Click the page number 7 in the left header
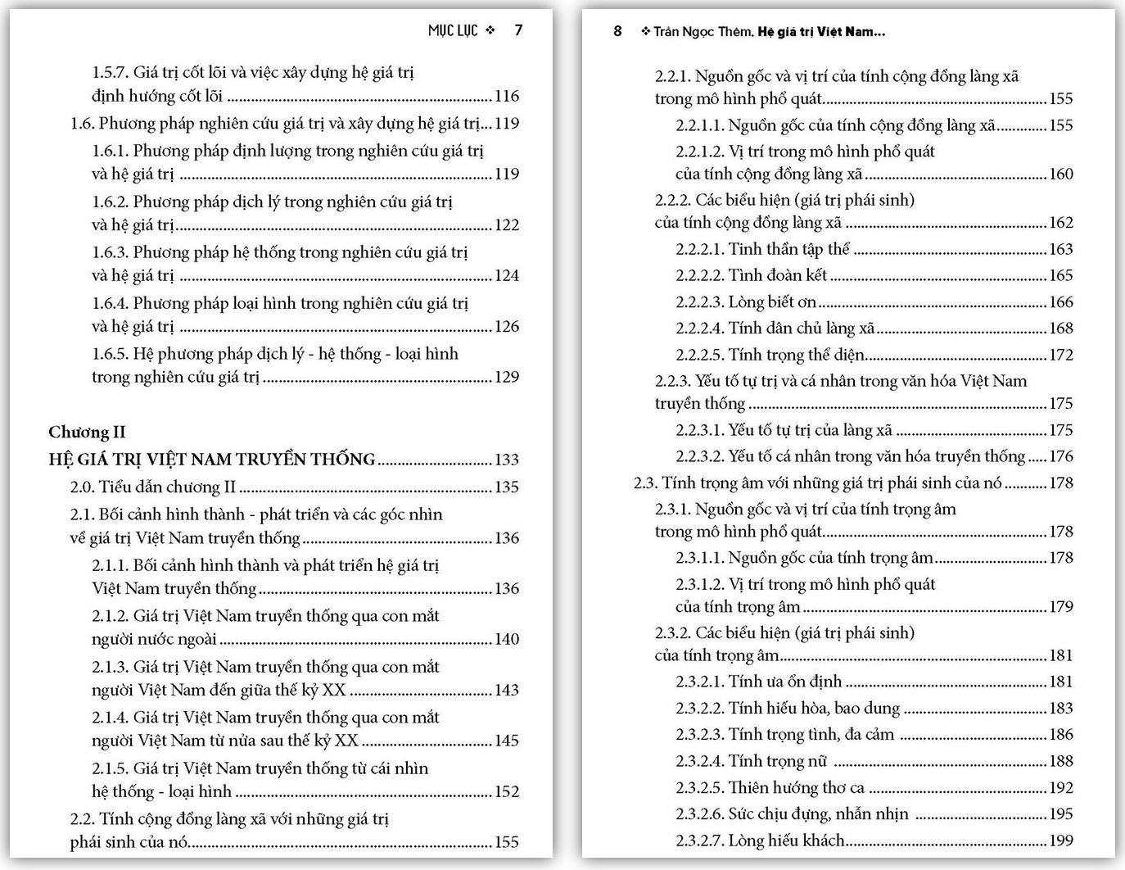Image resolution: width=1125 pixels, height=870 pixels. tap(518, 30)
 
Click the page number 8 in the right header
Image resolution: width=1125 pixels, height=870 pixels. tap(617, 31)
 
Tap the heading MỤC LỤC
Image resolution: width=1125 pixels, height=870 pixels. tap(453, 30)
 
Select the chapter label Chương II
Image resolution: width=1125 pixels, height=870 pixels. tap(87, 432)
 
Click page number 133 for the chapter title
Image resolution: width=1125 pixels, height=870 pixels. tap(507, 460)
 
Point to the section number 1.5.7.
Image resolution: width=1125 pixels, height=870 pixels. tap(110, 72)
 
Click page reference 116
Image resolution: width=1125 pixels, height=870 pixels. tap(507, 96)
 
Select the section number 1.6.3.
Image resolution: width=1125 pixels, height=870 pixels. tap(110, 252)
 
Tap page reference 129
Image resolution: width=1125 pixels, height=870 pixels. tap(507, 377)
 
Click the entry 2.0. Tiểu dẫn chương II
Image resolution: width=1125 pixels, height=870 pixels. tap(153, 487)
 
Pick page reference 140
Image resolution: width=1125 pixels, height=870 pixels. tap(507, 639)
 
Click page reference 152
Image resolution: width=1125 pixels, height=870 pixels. tap(507, 791)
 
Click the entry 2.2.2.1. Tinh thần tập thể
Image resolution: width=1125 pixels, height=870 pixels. tap(762, 249)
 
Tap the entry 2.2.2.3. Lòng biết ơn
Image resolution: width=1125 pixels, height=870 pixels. tap(746, 302)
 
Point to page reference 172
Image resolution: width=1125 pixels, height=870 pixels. tap(1060, 355)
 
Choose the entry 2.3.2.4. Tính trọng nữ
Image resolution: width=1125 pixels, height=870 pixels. tap(751, 761)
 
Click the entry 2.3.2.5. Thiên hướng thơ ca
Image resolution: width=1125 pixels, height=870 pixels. tap(770, 788)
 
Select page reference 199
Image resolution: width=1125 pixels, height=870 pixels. tap(1060, 841)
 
